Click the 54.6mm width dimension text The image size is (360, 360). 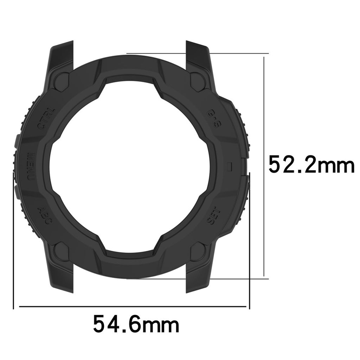(x=136, y=324)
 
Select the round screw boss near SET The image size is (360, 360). (x=198, y=251)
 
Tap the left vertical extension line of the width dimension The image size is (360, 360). (x=13, y=246)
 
